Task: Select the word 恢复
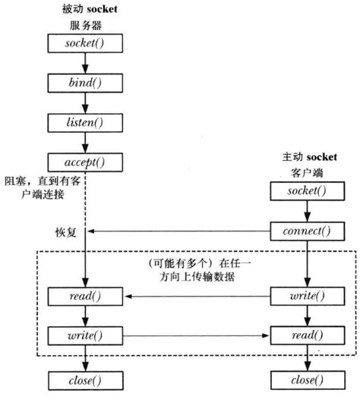60,231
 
